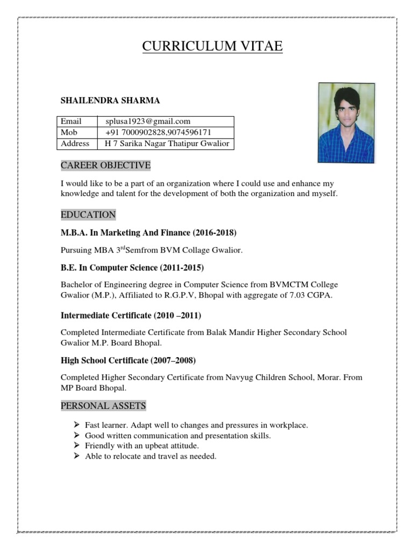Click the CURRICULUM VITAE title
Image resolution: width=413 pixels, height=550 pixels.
click(212, 47)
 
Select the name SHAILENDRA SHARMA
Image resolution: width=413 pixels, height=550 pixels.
click(110, 100)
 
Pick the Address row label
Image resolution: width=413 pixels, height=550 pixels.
click(75, 143)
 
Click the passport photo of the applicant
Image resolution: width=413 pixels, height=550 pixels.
click(346, 122)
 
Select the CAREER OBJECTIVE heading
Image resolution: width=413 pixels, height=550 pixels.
click(105, 164)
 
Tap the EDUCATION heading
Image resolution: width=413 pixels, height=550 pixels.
click(88, 215)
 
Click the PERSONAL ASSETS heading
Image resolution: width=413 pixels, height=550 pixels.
click(103, 406)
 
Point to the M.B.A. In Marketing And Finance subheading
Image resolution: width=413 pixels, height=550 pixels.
click(148, 233)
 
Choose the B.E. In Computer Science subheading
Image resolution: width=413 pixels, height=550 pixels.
click(132, 267)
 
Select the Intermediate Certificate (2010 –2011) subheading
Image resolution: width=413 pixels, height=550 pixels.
click(131, 315)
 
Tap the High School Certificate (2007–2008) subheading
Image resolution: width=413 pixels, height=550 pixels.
click(128, 360)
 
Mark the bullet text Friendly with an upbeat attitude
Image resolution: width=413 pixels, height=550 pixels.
click(142, 446)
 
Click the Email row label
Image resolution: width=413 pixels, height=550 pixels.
click(71, 121)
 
